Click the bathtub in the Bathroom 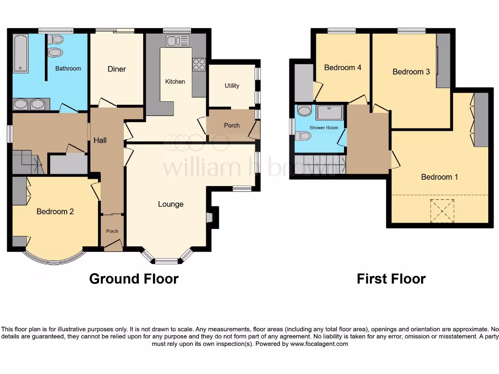21,54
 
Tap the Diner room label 116,69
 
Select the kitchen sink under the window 173,41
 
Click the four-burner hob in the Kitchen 199,65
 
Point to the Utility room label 232,86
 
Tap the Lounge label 171,204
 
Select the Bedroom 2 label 55,211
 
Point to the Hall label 100,140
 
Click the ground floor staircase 27,162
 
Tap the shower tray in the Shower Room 330,112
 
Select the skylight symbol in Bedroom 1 441,211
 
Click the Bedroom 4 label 343,68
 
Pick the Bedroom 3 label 411,72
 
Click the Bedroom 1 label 439,177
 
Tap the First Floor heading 391,279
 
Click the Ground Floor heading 134,279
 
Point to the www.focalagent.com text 319,344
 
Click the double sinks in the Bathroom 30,104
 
